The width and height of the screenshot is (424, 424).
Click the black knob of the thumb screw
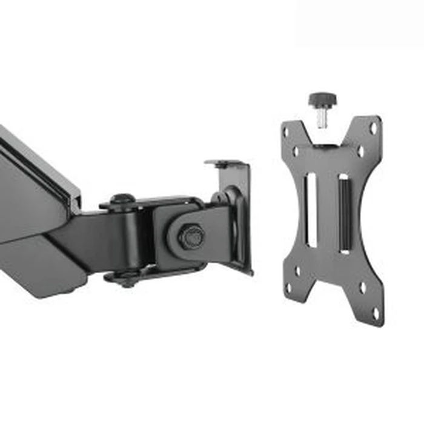coord(322,99)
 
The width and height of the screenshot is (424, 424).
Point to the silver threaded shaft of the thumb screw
coord(322,118)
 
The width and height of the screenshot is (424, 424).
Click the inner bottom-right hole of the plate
coord(362,288)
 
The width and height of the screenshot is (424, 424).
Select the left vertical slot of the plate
coord(311,209)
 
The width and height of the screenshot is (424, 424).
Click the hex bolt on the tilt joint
coord(192,234)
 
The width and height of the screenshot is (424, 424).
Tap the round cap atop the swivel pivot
coord(123,198)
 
